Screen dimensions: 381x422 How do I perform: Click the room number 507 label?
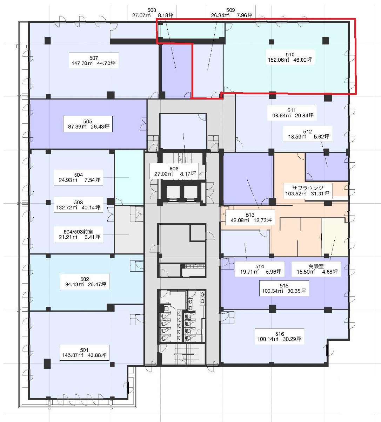click(94, 58)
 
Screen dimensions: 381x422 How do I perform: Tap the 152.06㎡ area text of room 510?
click(278, 60)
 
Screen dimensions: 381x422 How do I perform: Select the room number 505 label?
click(88, 122)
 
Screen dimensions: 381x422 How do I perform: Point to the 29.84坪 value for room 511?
click(304, 116)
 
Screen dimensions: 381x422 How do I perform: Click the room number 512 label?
click(307, 132)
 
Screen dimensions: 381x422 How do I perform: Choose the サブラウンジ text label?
click(308, 188)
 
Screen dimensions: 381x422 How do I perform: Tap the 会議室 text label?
click(316, 266)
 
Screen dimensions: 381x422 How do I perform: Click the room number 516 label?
click(280, 334)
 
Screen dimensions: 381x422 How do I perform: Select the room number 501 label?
click(84, 350)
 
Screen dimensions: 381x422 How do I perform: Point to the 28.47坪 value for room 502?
click(97, 284)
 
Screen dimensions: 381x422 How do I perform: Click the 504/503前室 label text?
click(78, 232)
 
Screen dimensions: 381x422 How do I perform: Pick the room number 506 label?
click(174, 169)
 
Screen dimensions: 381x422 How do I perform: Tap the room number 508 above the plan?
click(152, 10)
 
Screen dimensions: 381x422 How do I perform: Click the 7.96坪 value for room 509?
click(245, 15)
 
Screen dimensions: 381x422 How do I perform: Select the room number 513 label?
click(250, 215)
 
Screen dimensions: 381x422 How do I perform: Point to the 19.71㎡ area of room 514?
click(249, 272)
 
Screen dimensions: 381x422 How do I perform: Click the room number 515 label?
click(284, 286)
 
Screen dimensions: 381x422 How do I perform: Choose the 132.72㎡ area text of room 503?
click(67, 207)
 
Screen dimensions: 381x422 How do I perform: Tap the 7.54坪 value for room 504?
click(93, 180)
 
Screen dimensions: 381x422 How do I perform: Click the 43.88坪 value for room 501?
click(97, 355)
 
